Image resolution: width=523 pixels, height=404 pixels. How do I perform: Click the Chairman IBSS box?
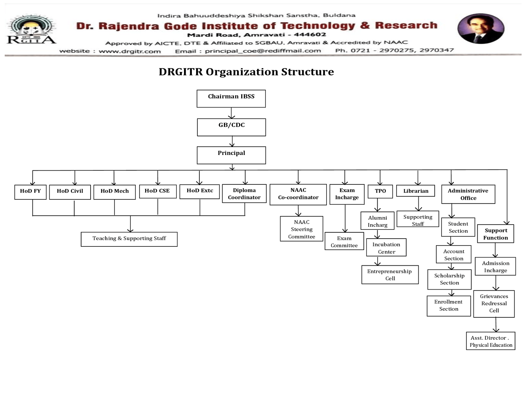(231, 98)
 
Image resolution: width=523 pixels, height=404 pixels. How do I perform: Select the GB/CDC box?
(231, 127)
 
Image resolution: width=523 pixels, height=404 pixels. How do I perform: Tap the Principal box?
(231, 155)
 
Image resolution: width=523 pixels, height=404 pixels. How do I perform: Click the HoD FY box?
(30, 192)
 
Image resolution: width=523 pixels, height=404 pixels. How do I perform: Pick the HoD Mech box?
(114, 192)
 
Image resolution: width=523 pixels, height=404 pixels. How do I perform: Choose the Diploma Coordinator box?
(244, 194)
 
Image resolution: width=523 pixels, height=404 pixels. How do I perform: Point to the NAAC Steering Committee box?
(301, 229)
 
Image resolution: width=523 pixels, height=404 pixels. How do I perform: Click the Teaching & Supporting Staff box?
(129, 239)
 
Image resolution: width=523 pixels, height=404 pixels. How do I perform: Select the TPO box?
(380, 191)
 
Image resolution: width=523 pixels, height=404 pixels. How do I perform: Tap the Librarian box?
(415, 191)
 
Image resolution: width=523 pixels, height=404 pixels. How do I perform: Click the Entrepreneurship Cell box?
(390, 275)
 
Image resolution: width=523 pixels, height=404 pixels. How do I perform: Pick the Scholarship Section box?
(449, 279)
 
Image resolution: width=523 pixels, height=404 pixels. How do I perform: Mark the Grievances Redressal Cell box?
(494, 304)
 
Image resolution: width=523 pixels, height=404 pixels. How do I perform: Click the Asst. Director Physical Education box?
(491, 341)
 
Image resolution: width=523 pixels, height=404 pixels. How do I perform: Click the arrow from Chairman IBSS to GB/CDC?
(231, 113)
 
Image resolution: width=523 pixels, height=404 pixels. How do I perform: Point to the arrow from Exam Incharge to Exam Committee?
(345, 218)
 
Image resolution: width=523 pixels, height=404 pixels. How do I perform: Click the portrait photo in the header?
(481, 29)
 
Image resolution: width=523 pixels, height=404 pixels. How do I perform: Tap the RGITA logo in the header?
(31, 30)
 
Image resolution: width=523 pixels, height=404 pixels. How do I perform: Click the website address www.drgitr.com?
(130, 51)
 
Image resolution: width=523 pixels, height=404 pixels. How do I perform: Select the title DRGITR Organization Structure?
(246, 72)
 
